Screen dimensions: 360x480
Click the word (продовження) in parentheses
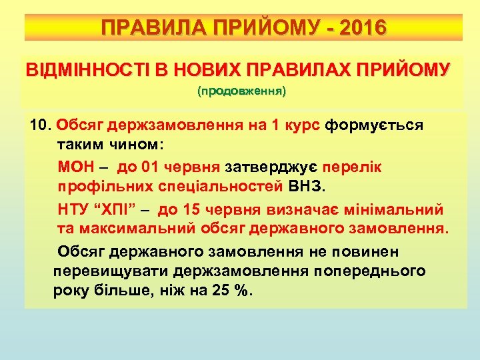(241, 91)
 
